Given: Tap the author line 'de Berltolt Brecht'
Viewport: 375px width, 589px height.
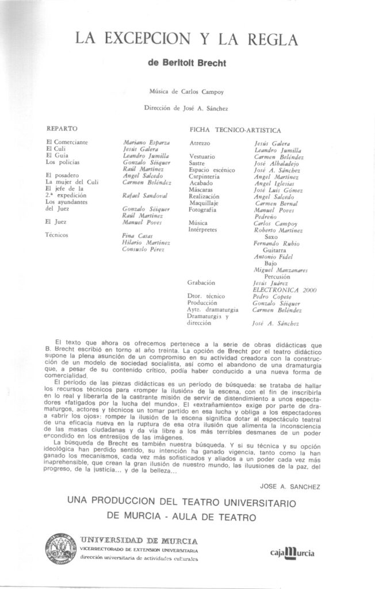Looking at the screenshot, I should [x=187, y=64].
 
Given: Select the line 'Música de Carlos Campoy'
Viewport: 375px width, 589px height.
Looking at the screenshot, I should [x=187, y=91].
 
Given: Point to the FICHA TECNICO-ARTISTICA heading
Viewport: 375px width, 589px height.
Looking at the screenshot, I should [x=235, y=130].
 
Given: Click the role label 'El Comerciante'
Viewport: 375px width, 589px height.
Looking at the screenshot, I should [x=67, y=141].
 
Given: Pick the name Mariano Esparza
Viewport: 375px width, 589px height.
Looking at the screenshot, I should [x=146, y=142].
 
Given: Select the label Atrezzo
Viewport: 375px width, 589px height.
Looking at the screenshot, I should [x=200, y=142].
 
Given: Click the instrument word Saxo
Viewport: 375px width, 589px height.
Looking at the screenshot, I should [x=271, y=236].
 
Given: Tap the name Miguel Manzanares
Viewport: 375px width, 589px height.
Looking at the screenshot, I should [x=281, y=270].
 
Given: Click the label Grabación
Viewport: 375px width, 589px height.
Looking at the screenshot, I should [x=201, y=283].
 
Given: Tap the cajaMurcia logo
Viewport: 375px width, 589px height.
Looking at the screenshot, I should [x=292, y=553].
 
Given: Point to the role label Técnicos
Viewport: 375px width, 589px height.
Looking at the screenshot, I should [x=58, y=235].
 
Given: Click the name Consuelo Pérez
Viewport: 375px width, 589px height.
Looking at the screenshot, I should [x=143, y=249].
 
